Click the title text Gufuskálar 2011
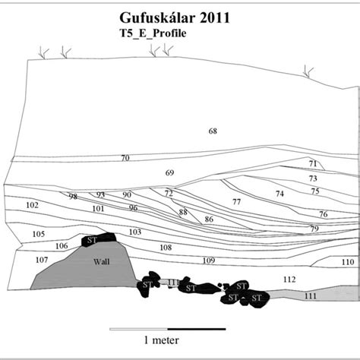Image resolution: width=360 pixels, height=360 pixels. (181, 16)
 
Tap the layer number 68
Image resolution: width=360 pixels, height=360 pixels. (213, 131)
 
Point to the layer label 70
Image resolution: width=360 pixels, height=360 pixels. (125, 158)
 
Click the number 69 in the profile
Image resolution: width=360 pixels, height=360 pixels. (169, 173)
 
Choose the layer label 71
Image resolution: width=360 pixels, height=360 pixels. (313, 163)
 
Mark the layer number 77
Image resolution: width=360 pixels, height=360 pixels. (236, 201)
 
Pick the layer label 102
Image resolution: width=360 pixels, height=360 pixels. (32, 205)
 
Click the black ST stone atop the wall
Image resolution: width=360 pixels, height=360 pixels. (100, 239)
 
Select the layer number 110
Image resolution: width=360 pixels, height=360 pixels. (346, 262)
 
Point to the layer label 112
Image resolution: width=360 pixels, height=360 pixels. (289, 279)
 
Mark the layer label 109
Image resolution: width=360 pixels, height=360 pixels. (209, 261)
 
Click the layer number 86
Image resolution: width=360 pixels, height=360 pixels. (208, 219)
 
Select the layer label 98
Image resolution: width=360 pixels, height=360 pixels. (73, 197)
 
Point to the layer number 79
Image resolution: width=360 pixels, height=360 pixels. (314, 229)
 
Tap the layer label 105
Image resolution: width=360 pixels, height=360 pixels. (39, 234)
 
